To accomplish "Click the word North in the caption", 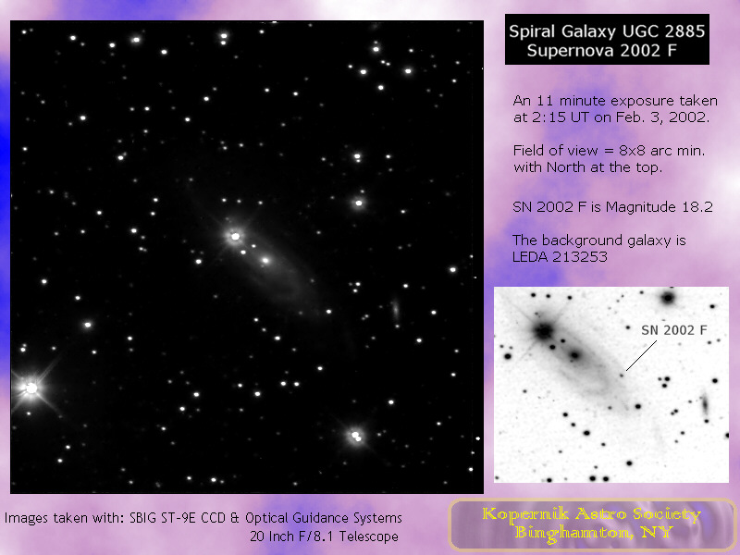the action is pyautogui.click(x=565, y=167).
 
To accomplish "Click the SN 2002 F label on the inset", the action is pyautogui.click(x=674, y=330).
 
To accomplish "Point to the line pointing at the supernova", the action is pyautogui.click(x=641, y=356).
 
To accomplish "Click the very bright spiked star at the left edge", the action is pyautogui.click(x=31, y=388).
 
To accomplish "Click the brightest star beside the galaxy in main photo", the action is pyautogui.click(x=235, y=236).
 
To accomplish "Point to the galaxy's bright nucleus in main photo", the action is pyautogui.click(x=265, y=260).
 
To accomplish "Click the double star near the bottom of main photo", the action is pyautogui.click(x=356, y=436).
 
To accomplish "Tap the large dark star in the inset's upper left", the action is pyautogui.click(x=544, y=330).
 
